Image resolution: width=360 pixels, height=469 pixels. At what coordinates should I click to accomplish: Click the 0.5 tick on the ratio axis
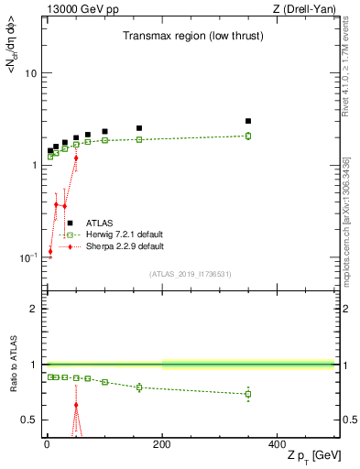[x=28, y=420]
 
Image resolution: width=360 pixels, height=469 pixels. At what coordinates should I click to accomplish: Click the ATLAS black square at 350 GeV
[x=248, y=121]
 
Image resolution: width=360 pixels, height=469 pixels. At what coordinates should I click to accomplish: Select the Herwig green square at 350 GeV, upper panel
[x=248, y=136]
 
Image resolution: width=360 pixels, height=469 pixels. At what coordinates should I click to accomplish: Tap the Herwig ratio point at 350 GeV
[x=248, y=394]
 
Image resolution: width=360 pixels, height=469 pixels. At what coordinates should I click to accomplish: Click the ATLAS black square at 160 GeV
[x=139, y=128]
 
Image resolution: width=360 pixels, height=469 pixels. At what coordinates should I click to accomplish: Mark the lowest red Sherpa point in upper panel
[x=50, y=251]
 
